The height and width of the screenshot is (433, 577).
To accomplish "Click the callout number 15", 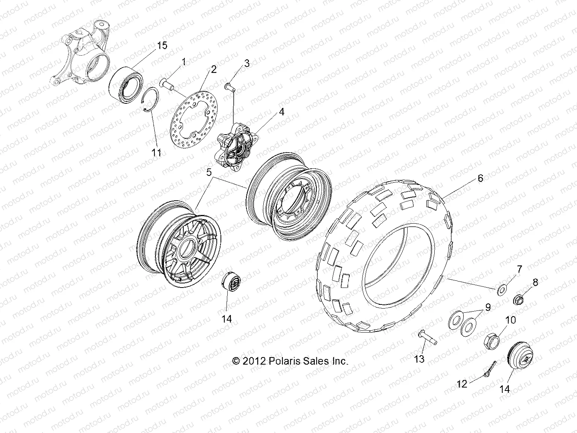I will [x=162, y=45].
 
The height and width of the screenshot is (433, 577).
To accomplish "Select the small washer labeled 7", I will [x=501, y=290].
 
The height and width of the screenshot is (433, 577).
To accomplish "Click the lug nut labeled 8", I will [x=520, y=300].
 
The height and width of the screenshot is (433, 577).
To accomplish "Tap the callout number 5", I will [x=209, y=172].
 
